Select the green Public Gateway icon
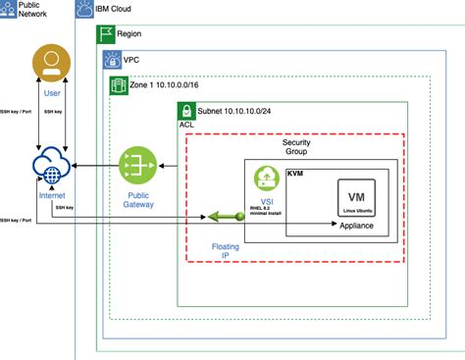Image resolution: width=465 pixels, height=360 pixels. pyautogui.click(x=138, y=165)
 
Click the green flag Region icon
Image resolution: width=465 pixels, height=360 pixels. pyautogui.click(x=105, y=33)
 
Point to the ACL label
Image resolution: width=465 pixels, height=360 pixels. pyautogui.click(x=186, y=128)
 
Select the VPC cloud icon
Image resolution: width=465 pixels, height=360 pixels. pyautogui.click(x=112, y=60)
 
